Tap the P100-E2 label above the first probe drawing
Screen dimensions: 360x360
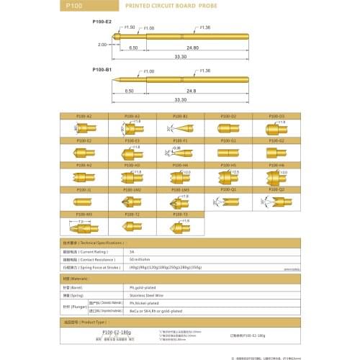[x=102, y=22]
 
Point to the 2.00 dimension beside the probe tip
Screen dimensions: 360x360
[x=102, y=45]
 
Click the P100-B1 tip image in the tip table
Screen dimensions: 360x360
[x=180, y=128]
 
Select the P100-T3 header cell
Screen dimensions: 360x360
[x=180, y=214]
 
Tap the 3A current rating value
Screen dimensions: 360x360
[x=132, y=252]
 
